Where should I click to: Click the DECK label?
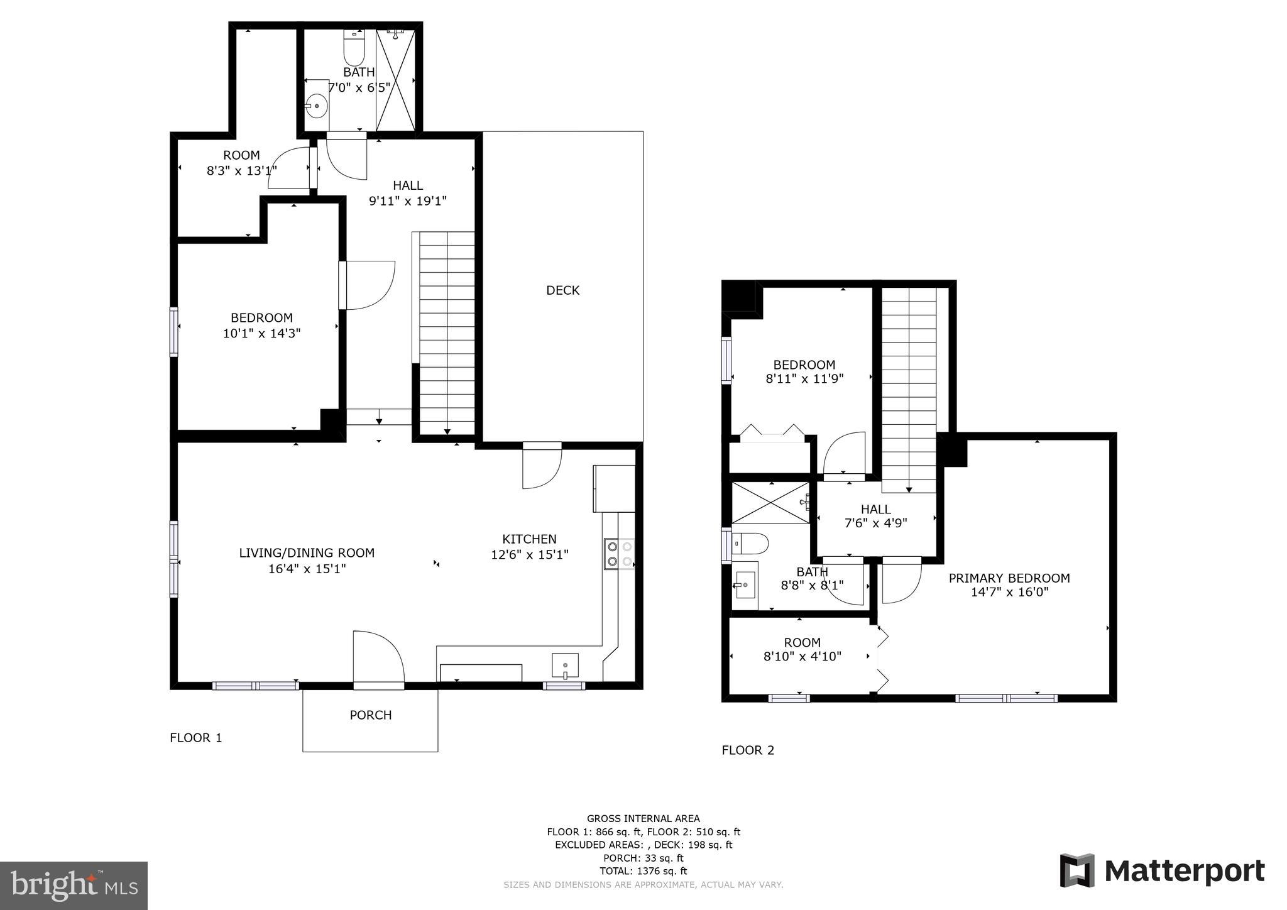[x=562, y=290]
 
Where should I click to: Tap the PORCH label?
[x=370, y=715]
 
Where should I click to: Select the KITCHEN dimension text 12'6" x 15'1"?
[x=529, y=555]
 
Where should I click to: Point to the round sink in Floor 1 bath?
[x=317, y=106]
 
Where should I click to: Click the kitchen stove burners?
[x=619, y=554]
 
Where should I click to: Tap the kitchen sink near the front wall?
[x=565, y=666]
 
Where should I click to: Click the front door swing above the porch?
[x=377, y=657]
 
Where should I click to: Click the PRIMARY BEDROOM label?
[x=1009, y=578]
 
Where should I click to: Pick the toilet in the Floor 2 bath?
[x=752, y=544]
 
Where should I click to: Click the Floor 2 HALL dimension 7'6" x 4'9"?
[x=875, y=523]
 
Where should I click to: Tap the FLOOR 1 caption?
[x=196, y=738]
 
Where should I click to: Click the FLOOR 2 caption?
[x=748, y=750]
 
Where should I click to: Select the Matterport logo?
[x=1162, y=871]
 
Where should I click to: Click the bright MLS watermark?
[x=74, y=886]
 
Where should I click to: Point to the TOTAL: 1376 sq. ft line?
[x=643, y=871]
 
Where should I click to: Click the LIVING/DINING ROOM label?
[x=307, y=553]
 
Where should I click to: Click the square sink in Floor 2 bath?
[x=745, y=585]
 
